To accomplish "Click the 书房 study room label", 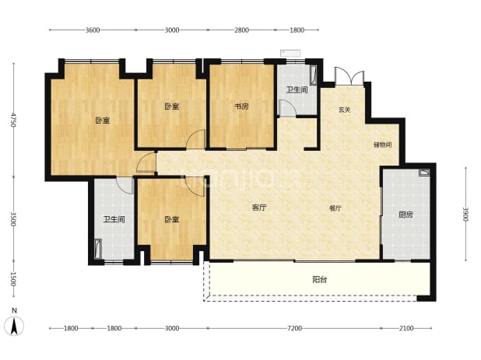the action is pyautogui.click(x=242, y=107).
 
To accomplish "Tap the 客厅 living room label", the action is pyautogui.click(x=259, y=208).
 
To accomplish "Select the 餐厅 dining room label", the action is pyautogui.click(x=335, y=208).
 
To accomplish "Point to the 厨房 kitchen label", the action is pyautogui.click(x=406, y=215).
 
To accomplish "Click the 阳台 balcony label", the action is pyautogui.click(x=320, y=279).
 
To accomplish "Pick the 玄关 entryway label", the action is pyautogui.click(x=344, y=110).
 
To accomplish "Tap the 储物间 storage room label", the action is pyautogui.click(x=382, y=145).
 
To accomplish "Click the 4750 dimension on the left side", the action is pyautogui.click(x=13, y=120).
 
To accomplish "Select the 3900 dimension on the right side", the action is pyautogui.click(x=465, y=214).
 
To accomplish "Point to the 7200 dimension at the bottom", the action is pyautogui.click(x=294, y=328).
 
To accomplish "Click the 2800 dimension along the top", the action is pyautogui.click(x=242, y=30).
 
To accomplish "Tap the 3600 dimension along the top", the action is pyautogui.click(x=93, y=30).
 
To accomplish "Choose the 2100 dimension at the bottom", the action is pyautogui.click(x=406, y=328).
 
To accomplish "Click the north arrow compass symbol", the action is pyautogui.click(x=14, y=326).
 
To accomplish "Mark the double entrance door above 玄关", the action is pyautogui.click(x=349, y=76).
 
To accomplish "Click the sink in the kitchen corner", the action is pyautogui.click(x=424, y=173).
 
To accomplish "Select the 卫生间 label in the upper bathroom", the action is pyautogui.click(x=297, y=89).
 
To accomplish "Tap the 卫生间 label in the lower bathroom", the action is pyautogui.click(x=114, y=220).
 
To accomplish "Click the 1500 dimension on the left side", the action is pyautogui.click(x=13, y=279).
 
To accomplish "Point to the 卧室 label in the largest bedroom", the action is pyautogui.click(x=103, y=121).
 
